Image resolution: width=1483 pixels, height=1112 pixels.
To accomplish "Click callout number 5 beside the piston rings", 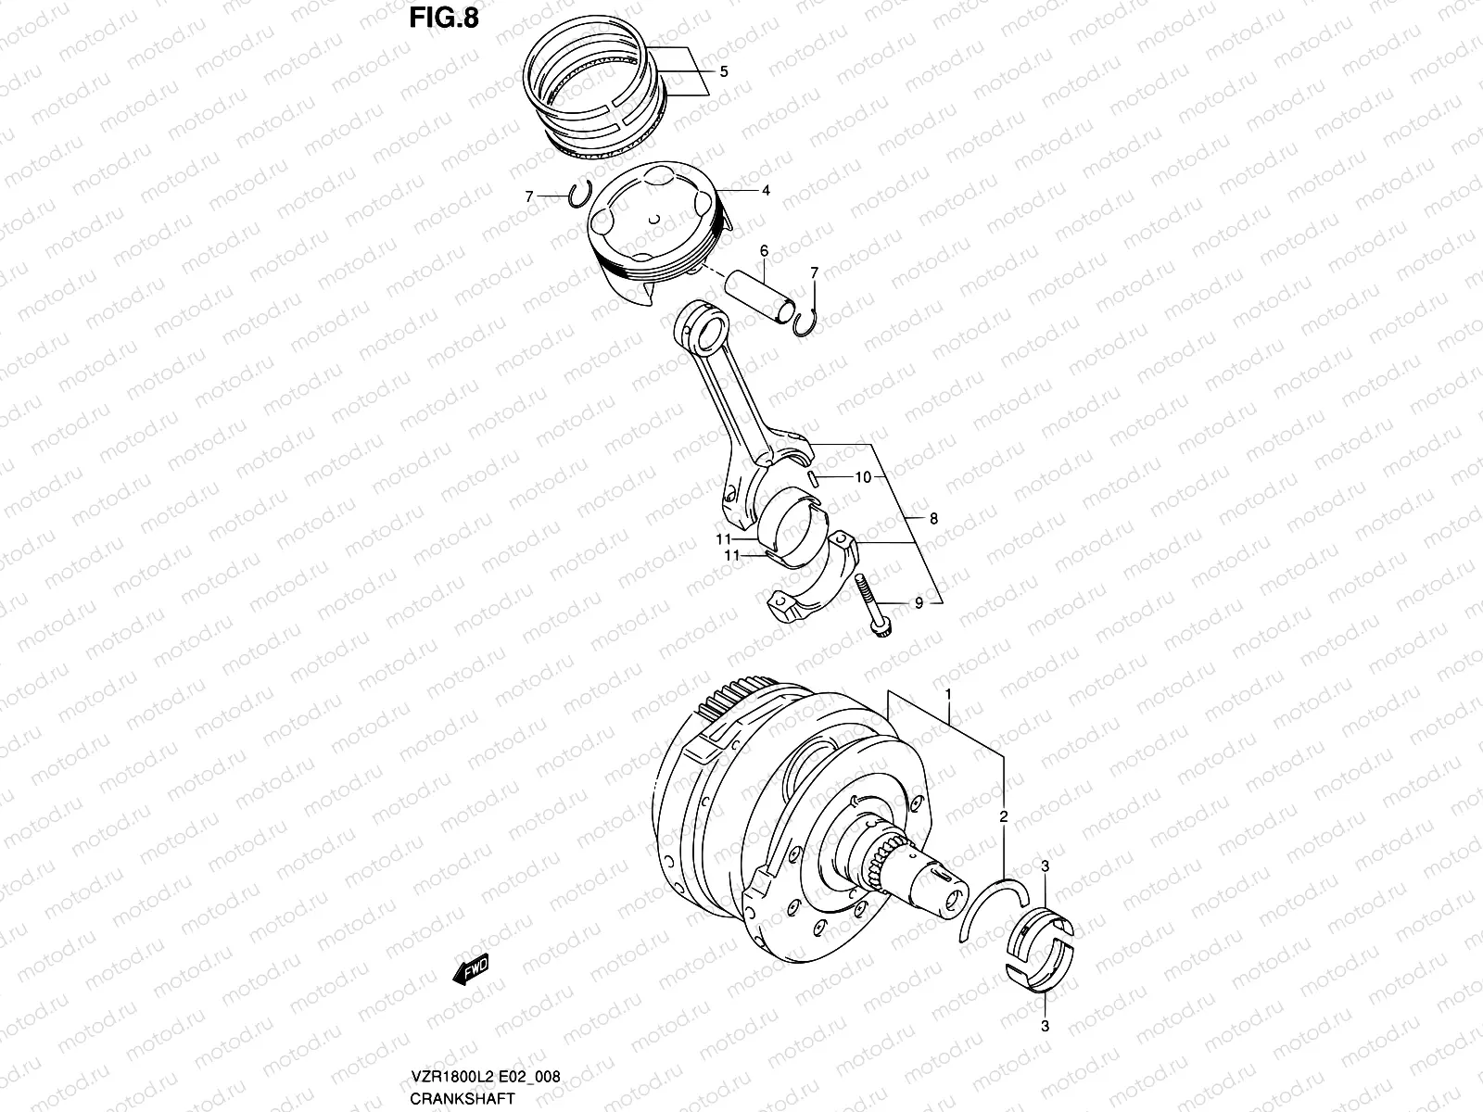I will point(723,71).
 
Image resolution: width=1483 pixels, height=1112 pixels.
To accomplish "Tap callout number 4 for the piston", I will point(766,191).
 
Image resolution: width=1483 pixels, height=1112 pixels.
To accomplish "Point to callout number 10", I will point(862,478).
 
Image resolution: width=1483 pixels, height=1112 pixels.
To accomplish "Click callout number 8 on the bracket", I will point(932,519).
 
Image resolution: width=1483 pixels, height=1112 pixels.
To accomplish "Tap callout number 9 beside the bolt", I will point(919,603).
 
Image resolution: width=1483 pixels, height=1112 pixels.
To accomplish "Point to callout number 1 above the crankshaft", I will point(948,694).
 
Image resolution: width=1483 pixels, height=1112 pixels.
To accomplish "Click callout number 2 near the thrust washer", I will point(1003,816).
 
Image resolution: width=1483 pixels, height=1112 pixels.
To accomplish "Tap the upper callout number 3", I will point(1045,866).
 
